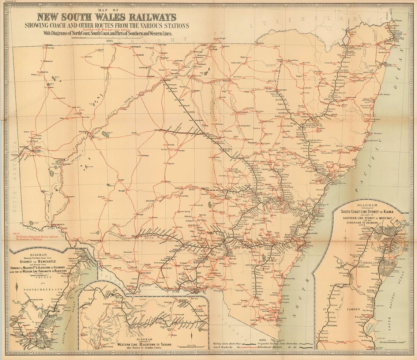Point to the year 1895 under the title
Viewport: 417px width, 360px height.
(109, 41)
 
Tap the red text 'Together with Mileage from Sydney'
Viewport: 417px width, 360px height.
(107, 29)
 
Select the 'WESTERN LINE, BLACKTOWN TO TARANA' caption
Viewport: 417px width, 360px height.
(143, 344)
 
